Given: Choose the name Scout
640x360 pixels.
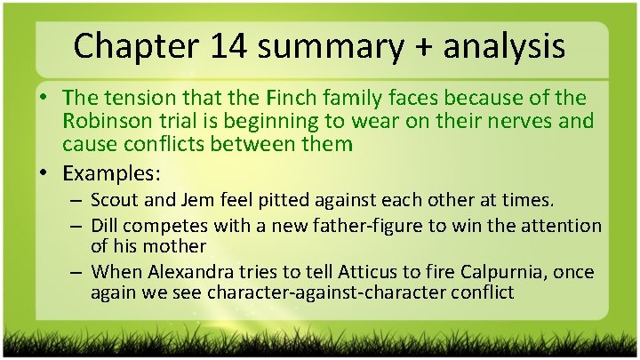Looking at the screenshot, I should click(116, 203).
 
